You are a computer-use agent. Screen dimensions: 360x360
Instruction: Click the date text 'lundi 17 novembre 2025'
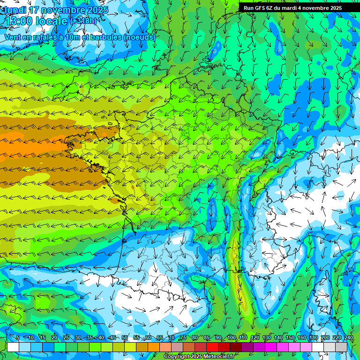[56, 10]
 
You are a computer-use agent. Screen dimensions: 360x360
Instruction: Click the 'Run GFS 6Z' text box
[292, 7]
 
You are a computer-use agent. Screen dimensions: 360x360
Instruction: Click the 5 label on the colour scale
[18, 337]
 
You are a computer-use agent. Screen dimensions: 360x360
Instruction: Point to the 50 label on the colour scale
[125, 337]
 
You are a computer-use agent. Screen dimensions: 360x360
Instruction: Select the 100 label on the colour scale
[231, 337]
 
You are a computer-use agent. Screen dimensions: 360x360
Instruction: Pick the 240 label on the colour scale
[349, 337]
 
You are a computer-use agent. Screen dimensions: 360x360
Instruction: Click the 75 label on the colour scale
[183, 337]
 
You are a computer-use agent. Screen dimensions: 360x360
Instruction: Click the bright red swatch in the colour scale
[212, 347]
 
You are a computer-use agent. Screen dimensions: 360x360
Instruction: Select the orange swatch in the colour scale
[154, 347]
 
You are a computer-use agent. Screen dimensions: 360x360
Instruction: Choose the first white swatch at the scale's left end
[13, 347]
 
